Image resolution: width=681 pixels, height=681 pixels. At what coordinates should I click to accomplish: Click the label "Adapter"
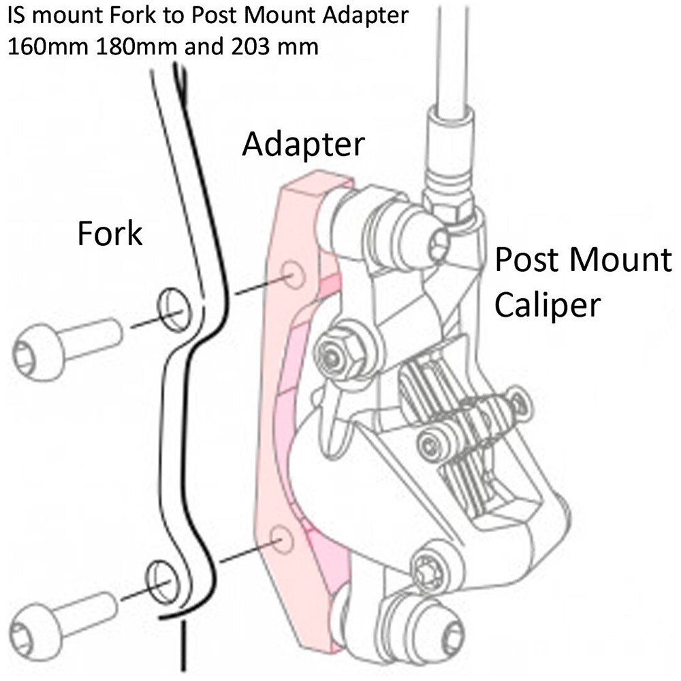click(x=304, y=144)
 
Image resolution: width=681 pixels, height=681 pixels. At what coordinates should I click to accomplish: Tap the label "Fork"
click(x=110, y=233)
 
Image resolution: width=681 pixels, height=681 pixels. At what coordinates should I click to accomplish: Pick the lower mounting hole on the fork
click(x=162, y=576)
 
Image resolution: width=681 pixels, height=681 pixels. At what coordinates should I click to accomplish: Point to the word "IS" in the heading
click(x=18, y=16)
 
